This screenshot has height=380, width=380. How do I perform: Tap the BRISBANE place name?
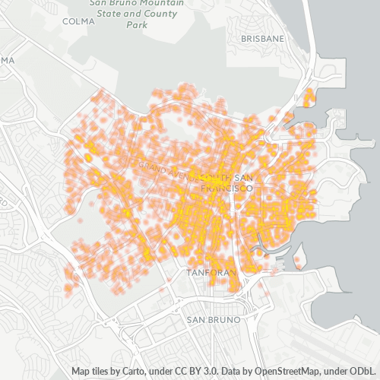(262, 38)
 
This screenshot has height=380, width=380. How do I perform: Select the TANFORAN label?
(212, 271)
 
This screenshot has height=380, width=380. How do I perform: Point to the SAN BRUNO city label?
(214, 320)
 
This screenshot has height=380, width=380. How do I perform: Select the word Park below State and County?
(136, 24)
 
